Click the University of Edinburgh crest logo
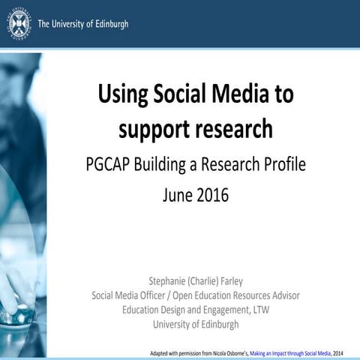[19, 23]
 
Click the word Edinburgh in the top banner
[107, 24]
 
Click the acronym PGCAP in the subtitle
[109, 165]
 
